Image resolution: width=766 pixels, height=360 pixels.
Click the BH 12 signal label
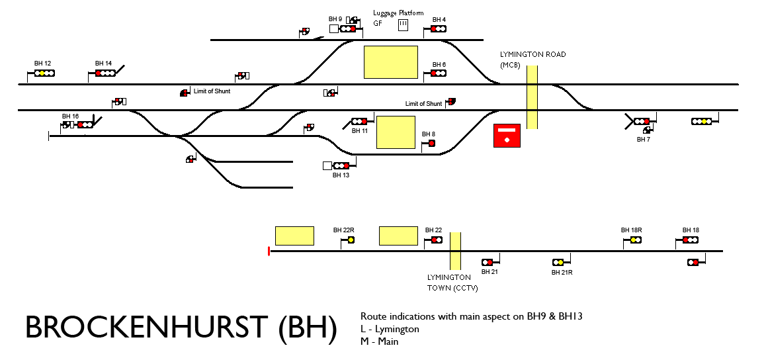click(x=43, y=64)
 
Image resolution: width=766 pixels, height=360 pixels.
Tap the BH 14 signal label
click(x=104, y=64)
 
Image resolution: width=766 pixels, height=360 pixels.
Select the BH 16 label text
click(x=70, y=116)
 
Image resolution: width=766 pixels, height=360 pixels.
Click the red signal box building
click(x=507, y=136)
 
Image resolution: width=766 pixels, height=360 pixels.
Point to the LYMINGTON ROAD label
click(x=532, y=55)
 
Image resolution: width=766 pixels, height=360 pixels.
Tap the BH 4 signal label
click(x=439, y=20)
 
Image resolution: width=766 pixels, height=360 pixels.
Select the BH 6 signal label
click(x=439, y=64)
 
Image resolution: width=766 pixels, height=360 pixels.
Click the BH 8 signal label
click(x=429, y=134)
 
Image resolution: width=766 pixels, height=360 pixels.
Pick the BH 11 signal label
click(x=360, y=131)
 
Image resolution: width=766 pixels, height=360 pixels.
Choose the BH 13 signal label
click(x=341, y=175)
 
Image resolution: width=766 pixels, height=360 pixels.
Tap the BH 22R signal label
click(x=344, y=230)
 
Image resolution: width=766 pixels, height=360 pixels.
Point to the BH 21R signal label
click(x=562, y=272)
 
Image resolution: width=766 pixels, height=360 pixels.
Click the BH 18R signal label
click(x=632, y=230)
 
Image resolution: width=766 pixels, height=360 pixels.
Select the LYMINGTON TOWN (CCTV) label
click(x=452, y=283)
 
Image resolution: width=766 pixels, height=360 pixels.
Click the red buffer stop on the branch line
click(x=269, y=251)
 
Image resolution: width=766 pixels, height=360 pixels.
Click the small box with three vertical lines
click(x=403, y=24)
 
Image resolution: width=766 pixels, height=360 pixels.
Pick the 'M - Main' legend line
click(x=380, y=341)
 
